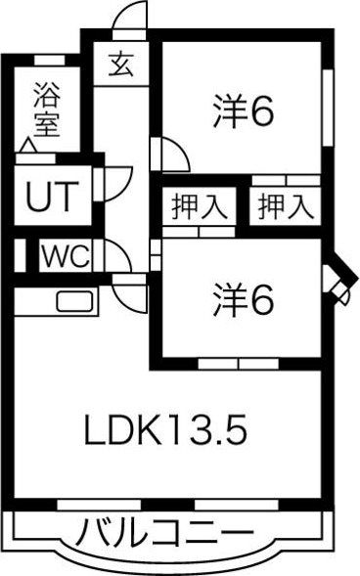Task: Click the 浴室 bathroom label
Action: pos(46,110)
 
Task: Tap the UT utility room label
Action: pos(48,199)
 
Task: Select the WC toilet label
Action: pos(67,258)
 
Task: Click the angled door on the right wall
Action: pos(337,283)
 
